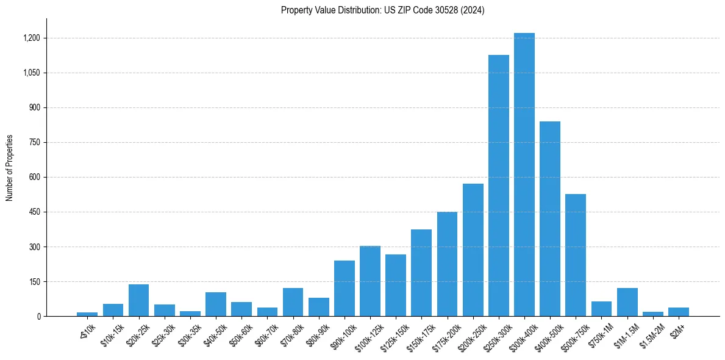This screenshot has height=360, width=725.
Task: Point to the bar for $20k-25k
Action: (x=138, y=300)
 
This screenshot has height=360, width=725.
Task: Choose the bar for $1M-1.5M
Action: (x=627, y=302)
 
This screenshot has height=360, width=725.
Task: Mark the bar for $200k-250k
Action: (x=473, y=250)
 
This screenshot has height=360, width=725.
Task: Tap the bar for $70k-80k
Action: (x=293, y=302)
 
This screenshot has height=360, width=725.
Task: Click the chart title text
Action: (x=382, y=10)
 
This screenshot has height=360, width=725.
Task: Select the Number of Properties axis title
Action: (x=10, y=167)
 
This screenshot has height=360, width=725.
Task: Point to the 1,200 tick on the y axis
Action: (x=31, y=38)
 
